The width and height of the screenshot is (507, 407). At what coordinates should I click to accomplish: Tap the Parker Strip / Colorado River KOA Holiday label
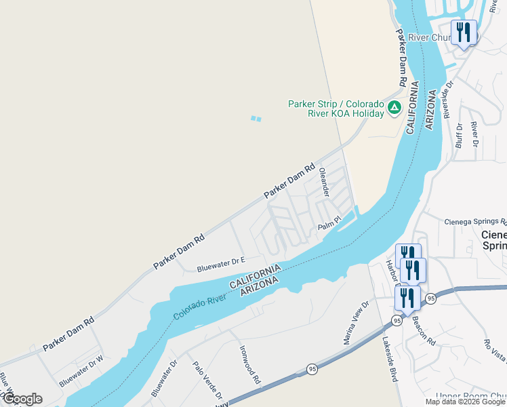[x=336, y=109]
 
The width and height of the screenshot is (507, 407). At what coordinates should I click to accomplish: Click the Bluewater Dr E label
[x=220, y=264]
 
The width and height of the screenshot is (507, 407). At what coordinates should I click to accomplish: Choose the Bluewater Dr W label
[x=81, y=372]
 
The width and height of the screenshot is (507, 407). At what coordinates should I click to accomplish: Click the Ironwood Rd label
[x=249, y=365]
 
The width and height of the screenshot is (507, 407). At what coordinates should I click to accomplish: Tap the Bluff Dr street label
[x=460, y=135]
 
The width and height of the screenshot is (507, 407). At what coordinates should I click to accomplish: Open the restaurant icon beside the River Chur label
[x=464, y=33]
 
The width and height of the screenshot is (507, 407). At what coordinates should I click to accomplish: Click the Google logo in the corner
[x=22, y=399]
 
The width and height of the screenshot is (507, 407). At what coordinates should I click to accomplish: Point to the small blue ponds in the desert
[x=255, y=119]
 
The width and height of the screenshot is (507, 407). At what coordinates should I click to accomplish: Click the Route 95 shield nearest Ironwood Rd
[x=312, y=369]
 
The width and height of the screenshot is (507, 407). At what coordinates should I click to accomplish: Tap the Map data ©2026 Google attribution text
[x=465, y=402]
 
